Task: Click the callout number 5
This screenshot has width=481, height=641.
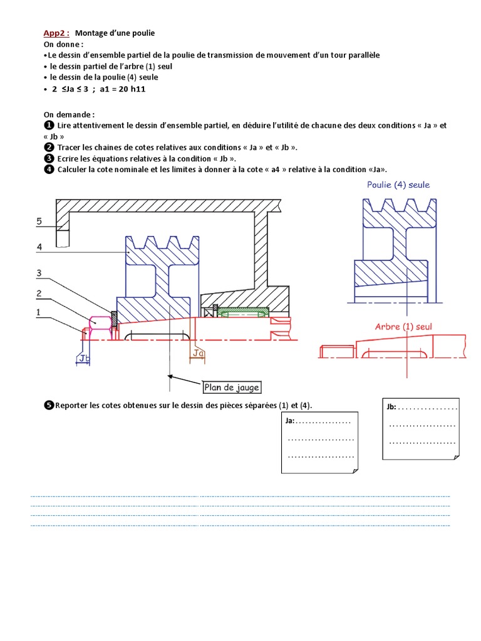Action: (39, 221)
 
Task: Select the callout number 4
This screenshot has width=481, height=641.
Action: (39, 247)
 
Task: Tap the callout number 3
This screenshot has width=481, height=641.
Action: (39, 273)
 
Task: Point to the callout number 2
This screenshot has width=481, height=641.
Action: (39, 293)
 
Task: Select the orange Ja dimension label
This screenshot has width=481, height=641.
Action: (198, 354)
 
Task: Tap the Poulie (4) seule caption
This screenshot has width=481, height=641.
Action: (398, 185)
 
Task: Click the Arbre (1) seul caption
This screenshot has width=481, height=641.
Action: (403, 326)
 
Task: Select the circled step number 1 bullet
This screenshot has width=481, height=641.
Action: (48, 126)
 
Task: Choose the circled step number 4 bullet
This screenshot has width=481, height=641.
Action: (48, 169)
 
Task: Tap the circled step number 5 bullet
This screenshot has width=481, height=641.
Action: (48, 406)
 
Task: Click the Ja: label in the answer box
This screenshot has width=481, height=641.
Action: (291, 421)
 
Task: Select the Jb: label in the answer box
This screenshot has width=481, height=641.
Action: (391, 407)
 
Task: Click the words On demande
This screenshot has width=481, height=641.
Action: (69, 115)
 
